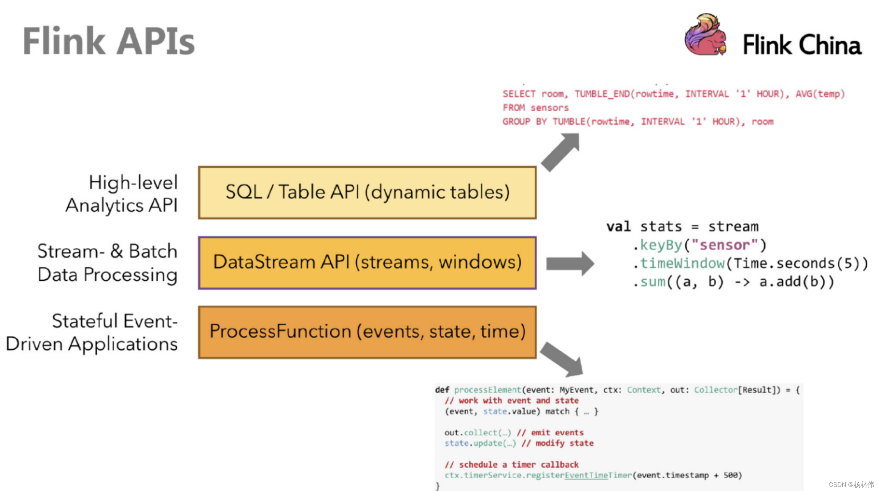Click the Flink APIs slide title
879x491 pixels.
click(x=109, y=41)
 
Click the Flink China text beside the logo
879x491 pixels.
click(x=802, y=45)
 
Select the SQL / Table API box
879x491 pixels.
click(x=367, y=192)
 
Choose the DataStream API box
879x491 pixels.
click(x=367, y=263)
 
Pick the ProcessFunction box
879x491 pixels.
click(x=367, y=332)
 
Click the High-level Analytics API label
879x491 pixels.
click(x=122, y=194)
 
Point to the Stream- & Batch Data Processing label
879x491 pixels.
click(x=107, y=263)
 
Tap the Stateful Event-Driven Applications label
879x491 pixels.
click(x=92, y=333)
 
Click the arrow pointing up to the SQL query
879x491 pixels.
click(x=560, y=152)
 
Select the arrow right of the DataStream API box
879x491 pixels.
click(x=570, y=263)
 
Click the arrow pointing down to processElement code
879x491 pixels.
click(x=562, y=359)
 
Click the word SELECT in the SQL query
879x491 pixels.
click(x=519, y=94)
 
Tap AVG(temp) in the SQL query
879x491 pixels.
click(x=820, y=94)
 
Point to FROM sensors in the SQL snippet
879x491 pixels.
click(x=536, y=108)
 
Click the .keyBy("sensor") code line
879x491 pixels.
click(x=699, y=245)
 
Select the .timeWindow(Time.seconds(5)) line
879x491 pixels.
click(x=750, y=264)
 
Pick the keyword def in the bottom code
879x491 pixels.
click(x=442, y=390)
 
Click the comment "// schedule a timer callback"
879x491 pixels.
click(x=512, y=465)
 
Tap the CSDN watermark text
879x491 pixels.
click(x=851, y=484)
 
